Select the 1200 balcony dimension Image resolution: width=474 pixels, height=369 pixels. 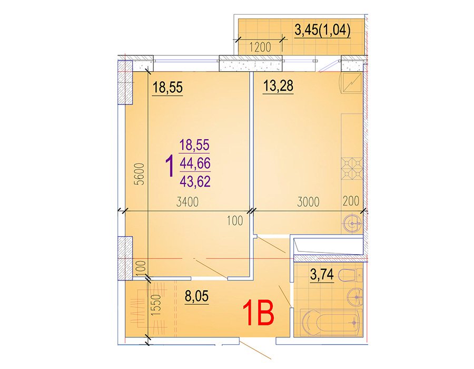[x=260, y=47]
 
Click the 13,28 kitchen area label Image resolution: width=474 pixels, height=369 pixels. [x=278, y=85]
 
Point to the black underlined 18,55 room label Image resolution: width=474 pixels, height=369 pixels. [x=168, y=88]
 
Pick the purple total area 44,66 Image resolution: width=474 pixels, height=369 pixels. [x=195, y=163]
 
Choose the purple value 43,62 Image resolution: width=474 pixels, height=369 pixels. [x=195, y=181]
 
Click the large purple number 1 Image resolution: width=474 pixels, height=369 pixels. [x=170, y=166]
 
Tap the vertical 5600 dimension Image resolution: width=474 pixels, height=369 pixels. [x=140, y=174]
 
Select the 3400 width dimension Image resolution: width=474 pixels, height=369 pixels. [x=187, y=202]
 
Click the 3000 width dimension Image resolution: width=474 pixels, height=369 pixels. [x=308, y=202]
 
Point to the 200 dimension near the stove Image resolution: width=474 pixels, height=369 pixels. [x=351, y=201]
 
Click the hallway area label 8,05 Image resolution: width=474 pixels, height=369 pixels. [x=197, y=296]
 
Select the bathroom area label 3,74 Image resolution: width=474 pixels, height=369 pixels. [x=322, y=275]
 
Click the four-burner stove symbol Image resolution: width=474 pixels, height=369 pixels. [x=352, y=169]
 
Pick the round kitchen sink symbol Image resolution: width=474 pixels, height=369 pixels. [x=353, y=224]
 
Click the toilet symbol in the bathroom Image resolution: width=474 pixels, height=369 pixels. [x=351, y=276]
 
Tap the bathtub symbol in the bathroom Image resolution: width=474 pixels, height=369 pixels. [x=332, y=323]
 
